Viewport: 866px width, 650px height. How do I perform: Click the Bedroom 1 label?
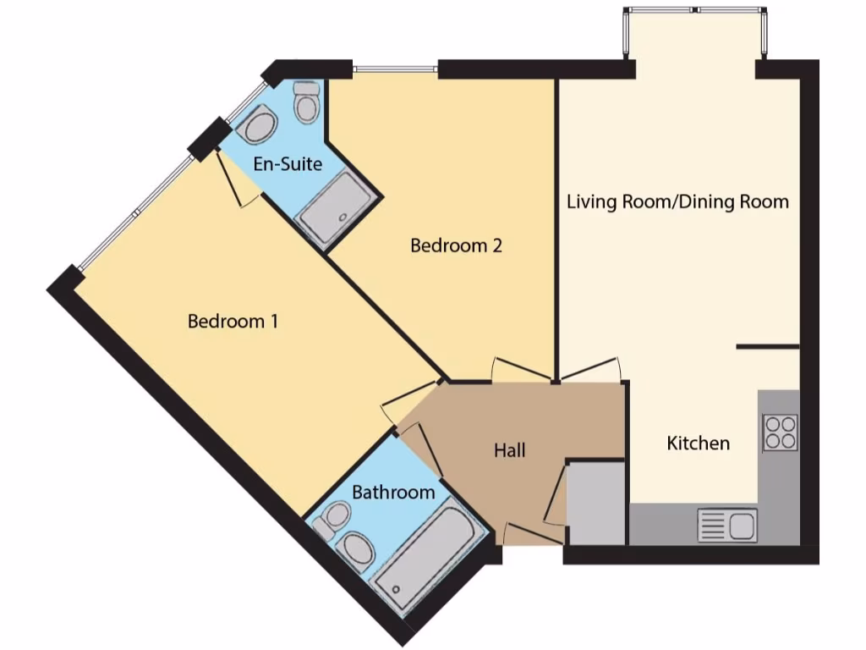point(233,322)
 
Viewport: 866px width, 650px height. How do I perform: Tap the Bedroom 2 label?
point(456,245)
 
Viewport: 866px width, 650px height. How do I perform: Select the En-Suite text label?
point(288,163)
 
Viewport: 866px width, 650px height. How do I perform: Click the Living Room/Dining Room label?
point(677,201)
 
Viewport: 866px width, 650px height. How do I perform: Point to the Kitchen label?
point(698,443)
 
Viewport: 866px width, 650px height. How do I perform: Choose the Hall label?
point(510,450)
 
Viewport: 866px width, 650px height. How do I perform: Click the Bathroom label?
point(393,492)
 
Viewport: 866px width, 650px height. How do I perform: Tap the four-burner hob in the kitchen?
point(780,432)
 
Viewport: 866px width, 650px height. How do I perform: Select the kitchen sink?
point(727,526)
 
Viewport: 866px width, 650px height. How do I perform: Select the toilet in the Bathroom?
point(332,519)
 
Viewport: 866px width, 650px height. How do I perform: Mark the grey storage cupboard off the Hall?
point(595,504)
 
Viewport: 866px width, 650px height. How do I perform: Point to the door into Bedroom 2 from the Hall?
point(512,371)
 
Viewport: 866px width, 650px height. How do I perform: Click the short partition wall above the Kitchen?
point(767,346)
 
